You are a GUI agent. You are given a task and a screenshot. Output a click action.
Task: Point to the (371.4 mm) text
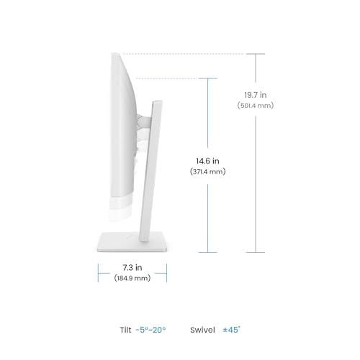pyautogui.click(x=207, y=172)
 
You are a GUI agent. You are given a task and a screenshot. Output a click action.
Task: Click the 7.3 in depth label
pyautogui.click(x=132, y=266)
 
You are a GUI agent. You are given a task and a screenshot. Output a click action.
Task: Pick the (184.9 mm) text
pyautogui.click(x=132, y=277)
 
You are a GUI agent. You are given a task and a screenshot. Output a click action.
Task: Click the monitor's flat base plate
pyautogui.click(x=132, y=243)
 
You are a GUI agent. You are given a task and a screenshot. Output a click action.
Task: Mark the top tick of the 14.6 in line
pyautogui.click(x=207, y=78)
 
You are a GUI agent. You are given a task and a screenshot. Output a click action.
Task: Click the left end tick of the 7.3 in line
pyautogui.click(x=98, y=271)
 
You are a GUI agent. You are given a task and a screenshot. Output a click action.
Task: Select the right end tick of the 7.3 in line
pyautogui.click(x=166, y=271)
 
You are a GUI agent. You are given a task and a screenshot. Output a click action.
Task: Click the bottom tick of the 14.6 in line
pyautogui.click(x=207, y=252)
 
